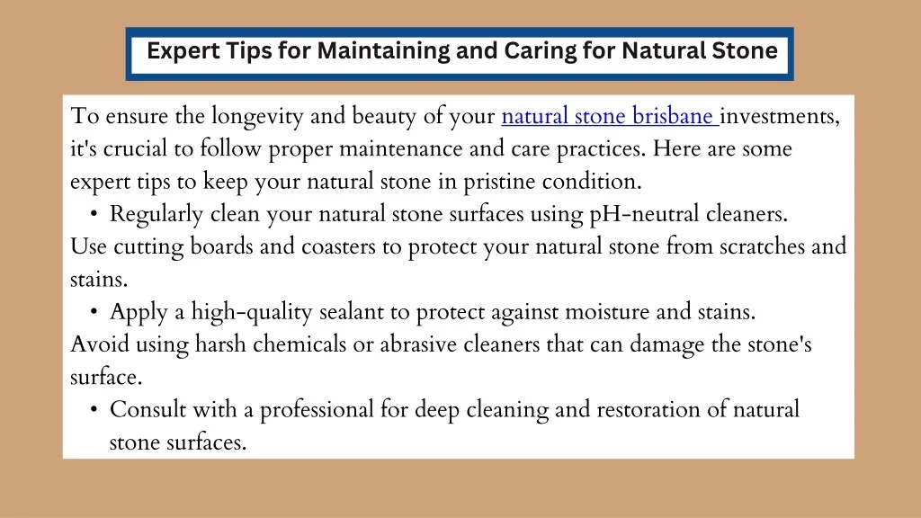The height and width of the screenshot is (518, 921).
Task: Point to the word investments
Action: [x=780, y=117]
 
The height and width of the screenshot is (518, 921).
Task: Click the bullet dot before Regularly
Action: [x=94, y=214]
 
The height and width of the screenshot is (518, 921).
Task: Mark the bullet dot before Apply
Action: [x=94, y=312]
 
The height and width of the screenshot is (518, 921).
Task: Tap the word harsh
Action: [x=220, y=344]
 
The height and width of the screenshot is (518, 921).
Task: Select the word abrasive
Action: [x=418, y=344]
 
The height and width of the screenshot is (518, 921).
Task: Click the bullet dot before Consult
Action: [x=94, y=410]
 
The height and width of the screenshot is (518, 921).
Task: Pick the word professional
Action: [x=317, y=410]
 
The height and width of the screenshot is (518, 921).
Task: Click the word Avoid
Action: [x=100, y=344]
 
